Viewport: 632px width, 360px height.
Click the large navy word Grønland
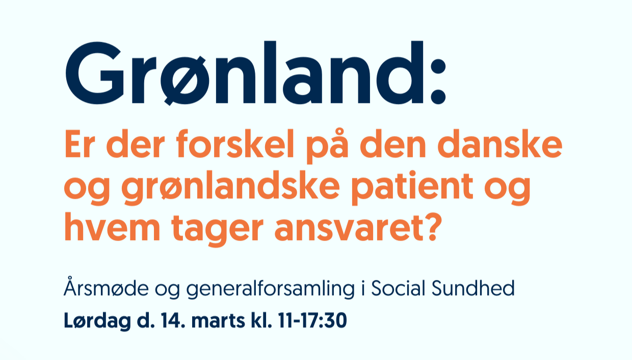pyautogui.click(x=245, y=73)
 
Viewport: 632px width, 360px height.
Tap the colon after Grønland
pyautogui.click(x=438, y=81)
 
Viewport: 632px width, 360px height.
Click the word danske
pyautogui.click(x=499, y=143)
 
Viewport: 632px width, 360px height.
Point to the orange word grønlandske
pyautogui.click(x=230, y=188)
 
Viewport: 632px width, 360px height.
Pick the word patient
pyautogui.click(x=412, y=188)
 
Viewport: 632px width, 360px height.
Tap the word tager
pyautogui.click(x=217, y=229)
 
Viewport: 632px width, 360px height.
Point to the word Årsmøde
pyautogui.click(x=106, y=287)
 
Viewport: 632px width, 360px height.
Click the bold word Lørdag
pyautogui.click(x=97, y=321)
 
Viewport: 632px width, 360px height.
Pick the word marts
pyautogui.click(x=218, y=321)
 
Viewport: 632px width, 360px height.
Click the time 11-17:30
pyautogui.click(x=312, y=320)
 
